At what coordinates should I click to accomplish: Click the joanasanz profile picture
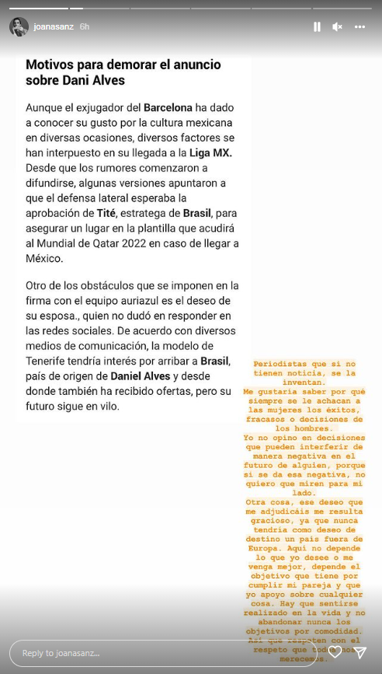pos(19,26)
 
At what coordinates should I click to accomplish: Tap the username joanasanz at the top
pos(54,26)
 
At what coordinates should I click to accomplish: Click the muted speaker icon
pos(338,26)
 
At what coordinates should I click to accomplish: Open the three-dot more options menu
pos(359,26)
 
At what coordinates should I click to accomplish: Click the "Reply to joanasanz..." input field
pos(163,653)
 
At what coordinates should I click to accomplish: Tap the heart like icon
pos(335,652)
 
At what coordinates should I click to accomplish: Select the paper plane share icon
pos(359,652)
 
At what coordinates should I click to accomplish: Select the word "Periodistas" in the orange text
pos(284,364)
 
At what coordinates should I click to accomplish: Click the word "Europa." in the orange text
pos(265,549)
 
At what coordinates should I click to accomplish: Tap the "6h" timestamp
pos(84,26)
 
